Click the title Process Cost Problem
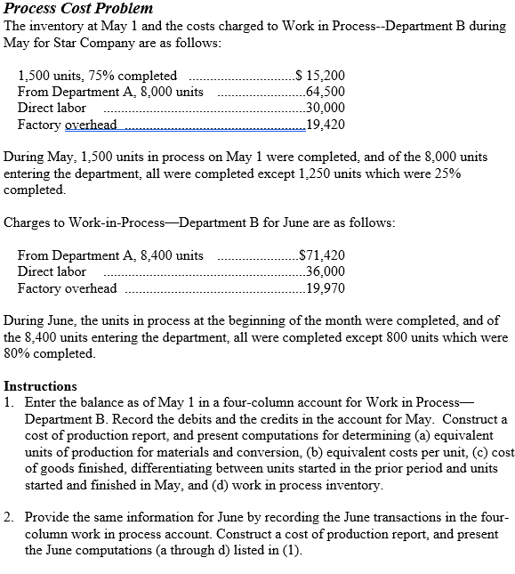point(78,8)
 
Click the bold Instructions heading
point(40,386)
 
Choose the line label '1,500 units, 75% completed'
point(97,76)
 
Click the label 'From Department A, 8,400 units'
point(110,255)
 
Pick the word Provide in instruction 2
point(46,517)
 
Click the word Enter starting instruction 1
point(41,402)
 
